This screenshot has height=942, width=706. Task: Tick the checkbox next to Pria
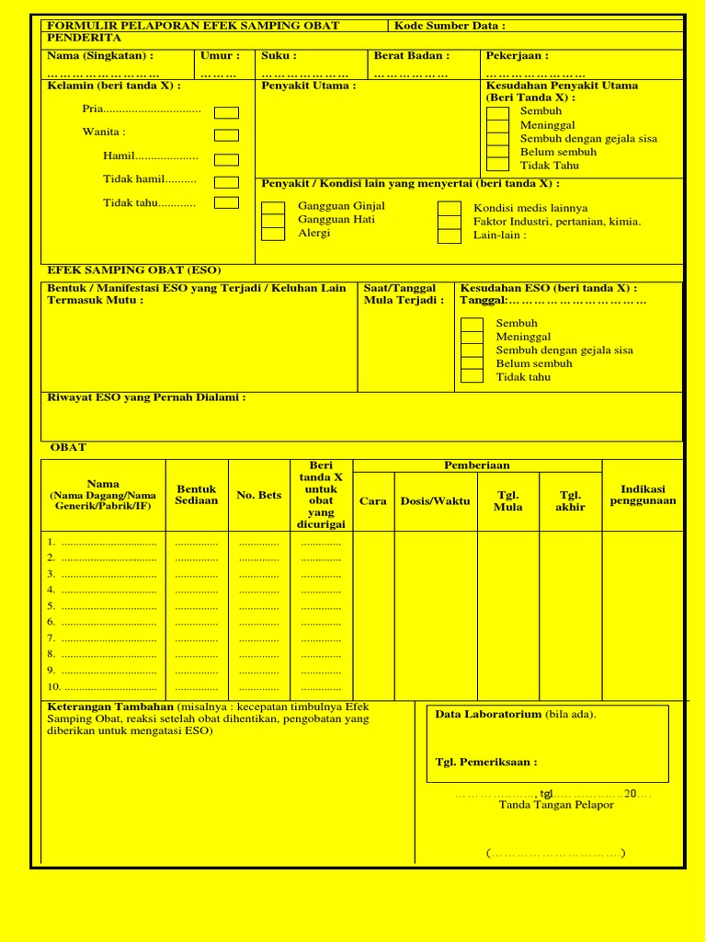pos(226,113)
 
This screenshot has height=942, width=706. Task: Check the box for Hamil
pos(226,160)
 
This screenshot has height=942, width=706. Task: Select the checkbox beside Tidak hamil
pos(226,182)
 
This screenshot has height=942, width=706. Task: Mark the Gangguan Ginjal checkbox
pos(273,207)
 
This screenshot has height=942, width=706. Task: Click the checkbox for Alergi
pos(273,234)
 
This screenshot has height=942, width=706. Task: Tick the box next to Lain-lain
pos(449,235)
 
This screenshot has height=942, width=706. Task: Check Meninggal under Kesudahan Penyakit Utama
pos(497,125)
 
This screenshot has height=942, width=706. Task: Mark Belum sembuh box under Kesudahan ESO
pos(472,363)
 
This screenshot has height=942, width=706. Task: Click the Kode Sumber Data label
pos(450,26)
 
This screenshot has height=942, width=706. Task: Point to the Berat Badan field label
pos(411,56)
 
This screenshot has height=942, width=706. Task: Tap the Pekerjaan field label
pos(517,56)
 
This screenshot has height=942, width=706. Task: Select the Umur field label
pos(220,56)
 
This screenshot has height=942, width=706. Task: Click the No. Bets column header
pos(259,495)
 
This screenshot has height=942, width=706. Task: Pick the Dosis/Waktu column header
pos(435,501)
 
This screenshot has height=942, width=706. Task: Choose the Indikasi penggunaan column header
pos(643,495)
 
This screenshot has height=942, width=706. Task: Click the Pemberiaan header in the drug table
pos(477,465)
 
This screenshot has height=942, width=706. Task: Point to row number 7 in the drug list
pos(51,638)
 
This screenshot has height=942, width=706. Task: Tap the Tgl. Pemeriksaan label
pos(486,762)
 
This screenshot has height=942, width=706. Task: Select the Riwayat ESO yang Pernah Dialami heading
pos(146,397)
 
